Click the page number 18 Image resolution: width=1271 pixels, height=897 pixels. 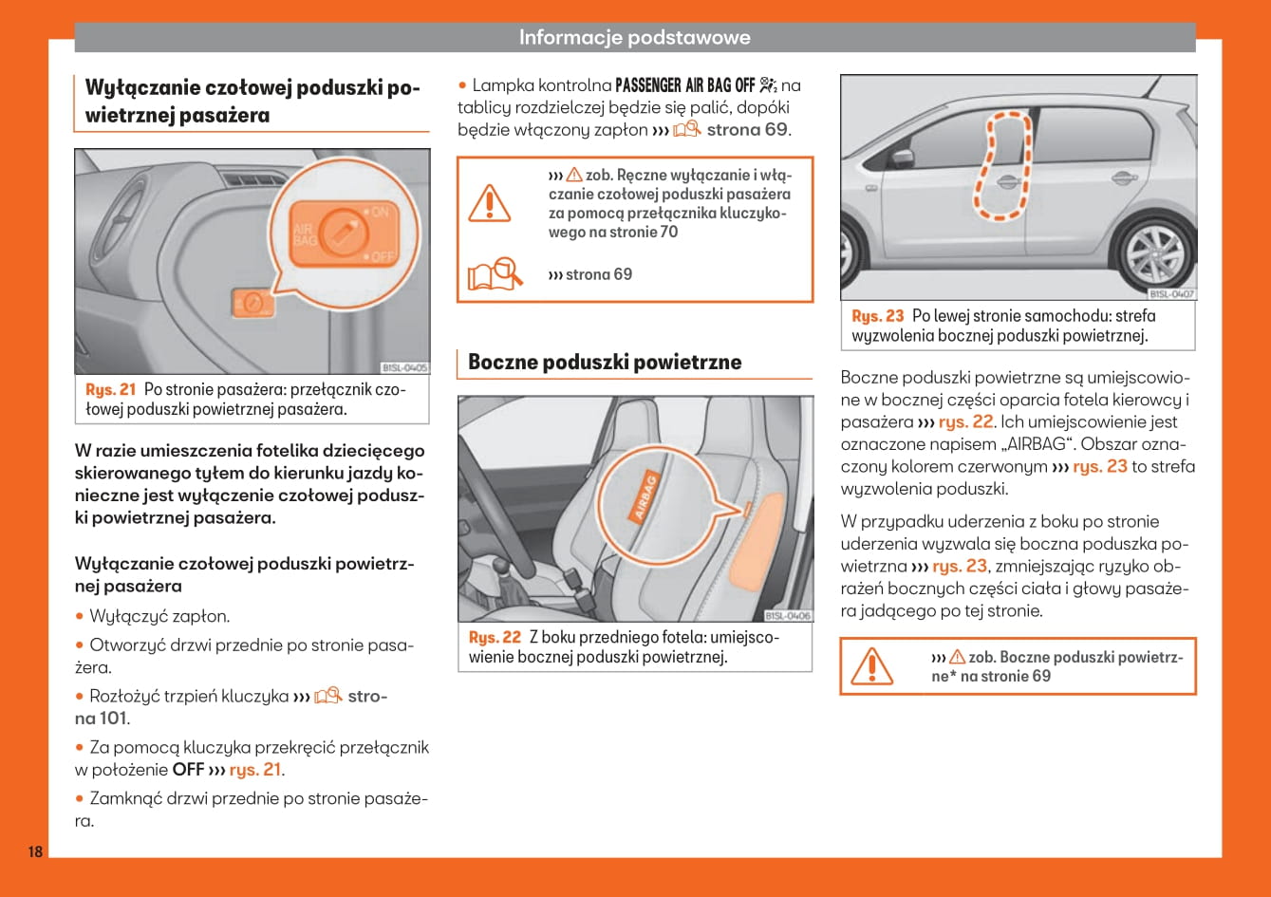click(x=35, y=851)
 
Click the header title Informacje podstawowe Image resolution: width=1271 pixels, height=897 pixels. click(x=634, y=38)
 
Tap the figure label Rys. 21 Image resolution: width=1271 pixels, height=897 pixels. click(x=111, y=389)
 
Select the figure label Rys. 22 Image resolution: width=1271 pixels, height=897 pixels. click(x=495, y=638)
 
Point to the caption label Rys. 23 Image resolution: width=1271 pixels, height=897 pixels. click(x=878, y=316)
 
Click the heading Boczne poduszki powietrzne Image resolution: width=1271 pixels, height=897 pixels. click(x=605, y=362)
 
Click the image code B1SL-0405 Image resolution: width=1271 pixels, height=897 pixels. click(x=404, y=367)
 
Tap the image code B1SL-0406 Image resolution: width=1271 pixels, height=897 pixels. click(x=788, y=616)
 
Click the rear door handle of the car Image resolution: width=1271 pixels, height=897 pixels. click(x=1122, y=178)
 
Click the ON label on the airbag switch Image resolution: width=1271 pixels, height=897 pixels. click(x=379, y=212)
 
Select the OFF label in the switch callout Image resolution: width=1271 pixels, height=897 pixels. click(x=381, y=256)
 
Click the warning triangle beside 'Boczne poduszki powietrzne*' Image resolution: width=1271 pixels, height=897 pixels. click(x=870, y=665)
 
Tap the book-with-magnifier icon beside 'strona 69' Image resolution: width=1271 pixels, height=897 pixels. click(x=495, y=274)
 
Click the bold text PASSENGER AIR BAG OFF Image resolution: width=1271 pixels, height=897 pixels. click(x=684, y=85)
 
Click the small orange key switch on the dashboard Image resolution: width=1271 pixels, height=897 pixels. click(x=252, y=304)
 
